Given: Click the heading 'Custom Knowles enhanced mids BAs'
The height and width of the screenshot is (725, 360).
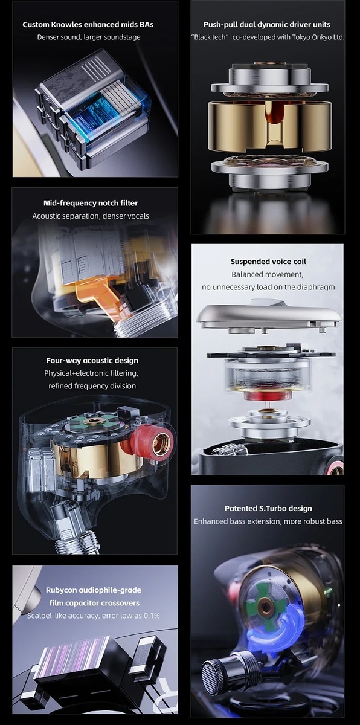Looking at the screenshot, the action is pos(88,25).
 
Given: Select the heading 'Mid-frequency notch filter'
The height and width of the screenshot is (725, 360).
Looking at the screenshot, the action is pos(91,203).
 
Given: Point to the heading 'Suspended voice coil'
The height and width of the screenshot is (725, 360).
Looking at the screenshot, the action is pos(268,262).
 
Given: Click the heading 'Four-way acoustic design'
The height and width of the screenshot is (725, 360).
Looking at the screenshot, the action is pos(92,361).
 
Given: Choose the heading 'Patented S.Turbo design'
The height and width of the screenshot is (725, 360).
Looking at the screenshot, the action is pos(268,509).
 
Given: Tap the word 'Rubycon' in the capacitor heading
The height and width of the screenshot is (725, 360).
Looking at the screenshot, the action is pos(62,590).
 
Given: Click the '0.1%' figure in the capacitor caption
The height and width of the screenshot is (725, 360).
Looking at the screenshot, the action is pos(152,616).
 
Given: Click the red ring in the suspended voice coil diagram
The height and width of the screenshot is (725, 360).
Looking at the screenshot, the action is pos(267,396).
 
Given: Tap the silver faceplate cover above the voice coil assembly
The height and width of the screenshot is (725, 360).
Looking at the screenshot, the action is pos(269,314).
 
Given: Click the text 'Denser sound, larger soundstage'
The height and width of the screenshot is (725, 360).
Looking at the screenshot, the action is pos(89,37).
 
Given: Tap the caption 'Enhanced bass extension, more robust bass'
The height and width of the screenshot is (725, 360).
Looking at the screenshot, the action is pos(268,521).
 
